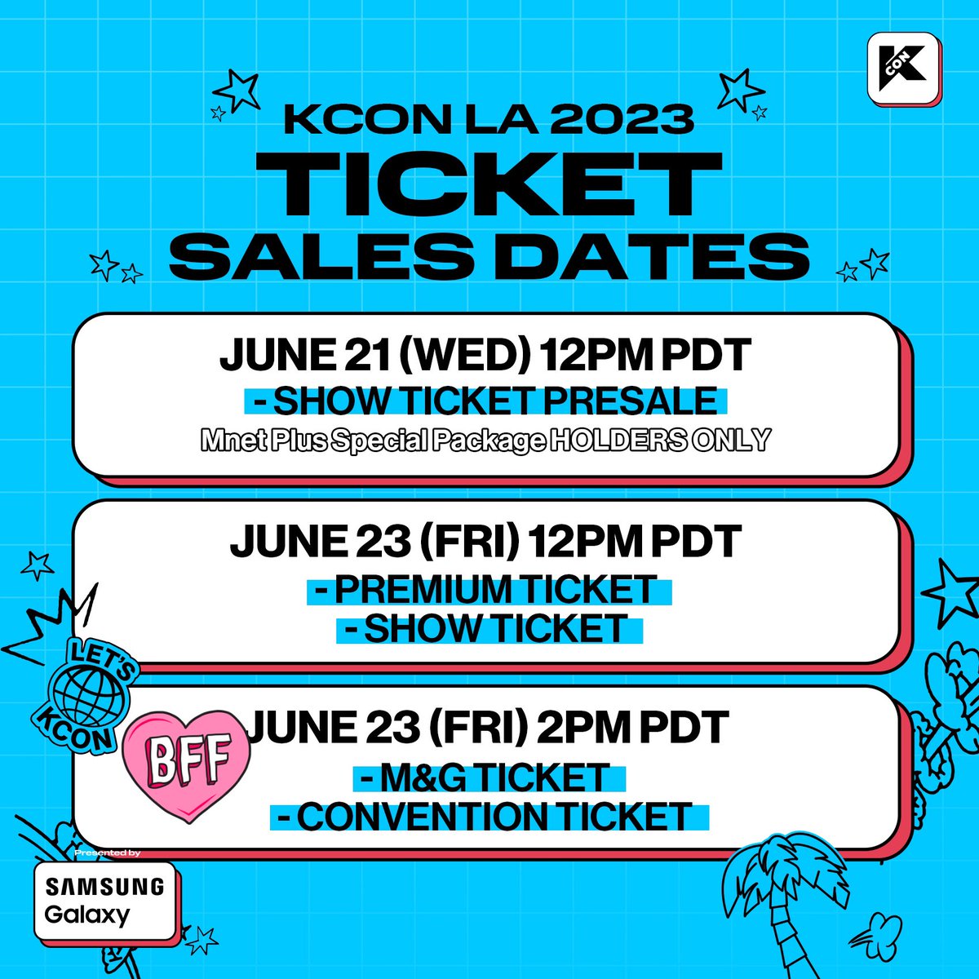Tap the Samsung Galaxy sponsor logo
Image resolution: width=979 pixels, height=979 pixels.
click(104, 900)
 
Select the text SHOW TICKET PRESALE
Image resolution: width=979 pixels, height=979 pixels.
click(484, 401)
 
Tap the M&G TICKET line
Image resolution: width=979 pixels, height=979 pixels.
click(489, 778)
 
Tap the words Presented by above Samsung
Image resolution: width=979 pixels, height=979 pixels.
click(107, 853)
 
